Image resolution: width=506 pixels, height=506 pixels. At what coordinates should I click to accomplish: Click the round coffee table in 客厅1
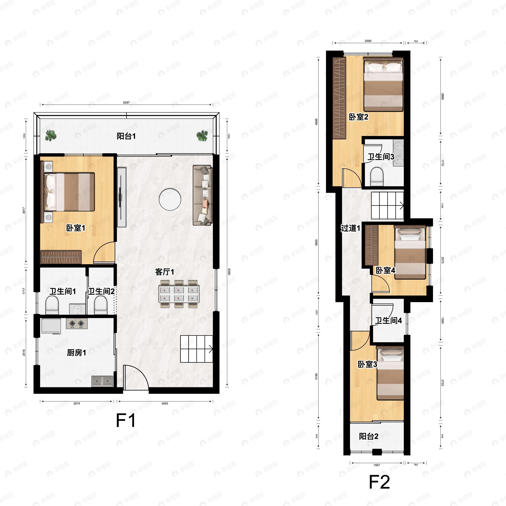pyautogui.click(x=170, y=200)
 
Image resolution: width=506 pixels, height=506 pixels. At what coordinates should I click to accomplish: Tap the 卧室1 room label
pyautogui.click(x=76, y=228)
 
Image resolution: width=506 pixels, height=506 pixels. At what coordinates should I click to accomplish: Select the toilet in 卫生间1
pyautogui.click(x=52, y=305)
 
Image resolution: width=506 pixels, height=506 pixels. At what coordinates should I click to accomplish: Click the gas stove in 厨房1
pyautogui.click(x=77, y=324)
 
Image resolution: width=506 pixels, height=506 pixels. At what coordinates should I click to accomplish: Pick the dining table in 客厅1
pyautogui.click(x=179, y=294)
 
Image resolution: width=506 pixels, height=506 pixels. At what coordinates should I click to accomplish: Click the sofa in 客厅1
pyautogui.click(x=202, y=195)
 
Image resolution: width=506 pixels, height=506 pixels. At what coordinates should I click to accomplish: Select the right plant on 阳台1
pyautogui.click(x=202, y=136)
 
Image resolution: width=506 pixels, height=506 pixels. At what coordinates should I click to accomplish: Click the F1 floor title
pyautogui.click(x=126, y=421)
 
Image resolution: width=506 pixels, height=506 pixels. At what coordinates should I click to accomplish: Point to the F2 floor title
pyautogui.click(x=379, y=482)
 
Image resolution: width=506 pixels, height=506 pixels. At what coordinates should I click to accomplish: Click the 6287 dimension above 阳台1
pyautogui.click(x=126, y=103)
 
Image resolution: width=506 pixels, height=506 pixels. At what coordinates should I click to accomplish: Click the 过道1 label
pyautogui.click(x=350, y=228)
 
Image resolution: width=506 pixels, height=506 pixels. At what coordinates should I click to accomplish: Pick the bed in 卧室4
pyautogui.click(x=410, y=253)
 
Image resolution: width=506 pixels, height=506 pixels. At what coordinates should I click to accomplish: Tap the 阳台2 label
pyautogui.click(x=369, y=436)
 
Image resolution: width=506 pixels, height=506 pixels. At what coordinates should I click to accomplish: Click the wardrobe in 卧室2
pyautogui.click(x=339, y=98)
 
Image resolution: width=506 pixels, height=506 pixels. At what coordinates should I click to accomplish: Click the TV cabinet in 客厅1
pyautogui.click(x=121, y=197)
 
